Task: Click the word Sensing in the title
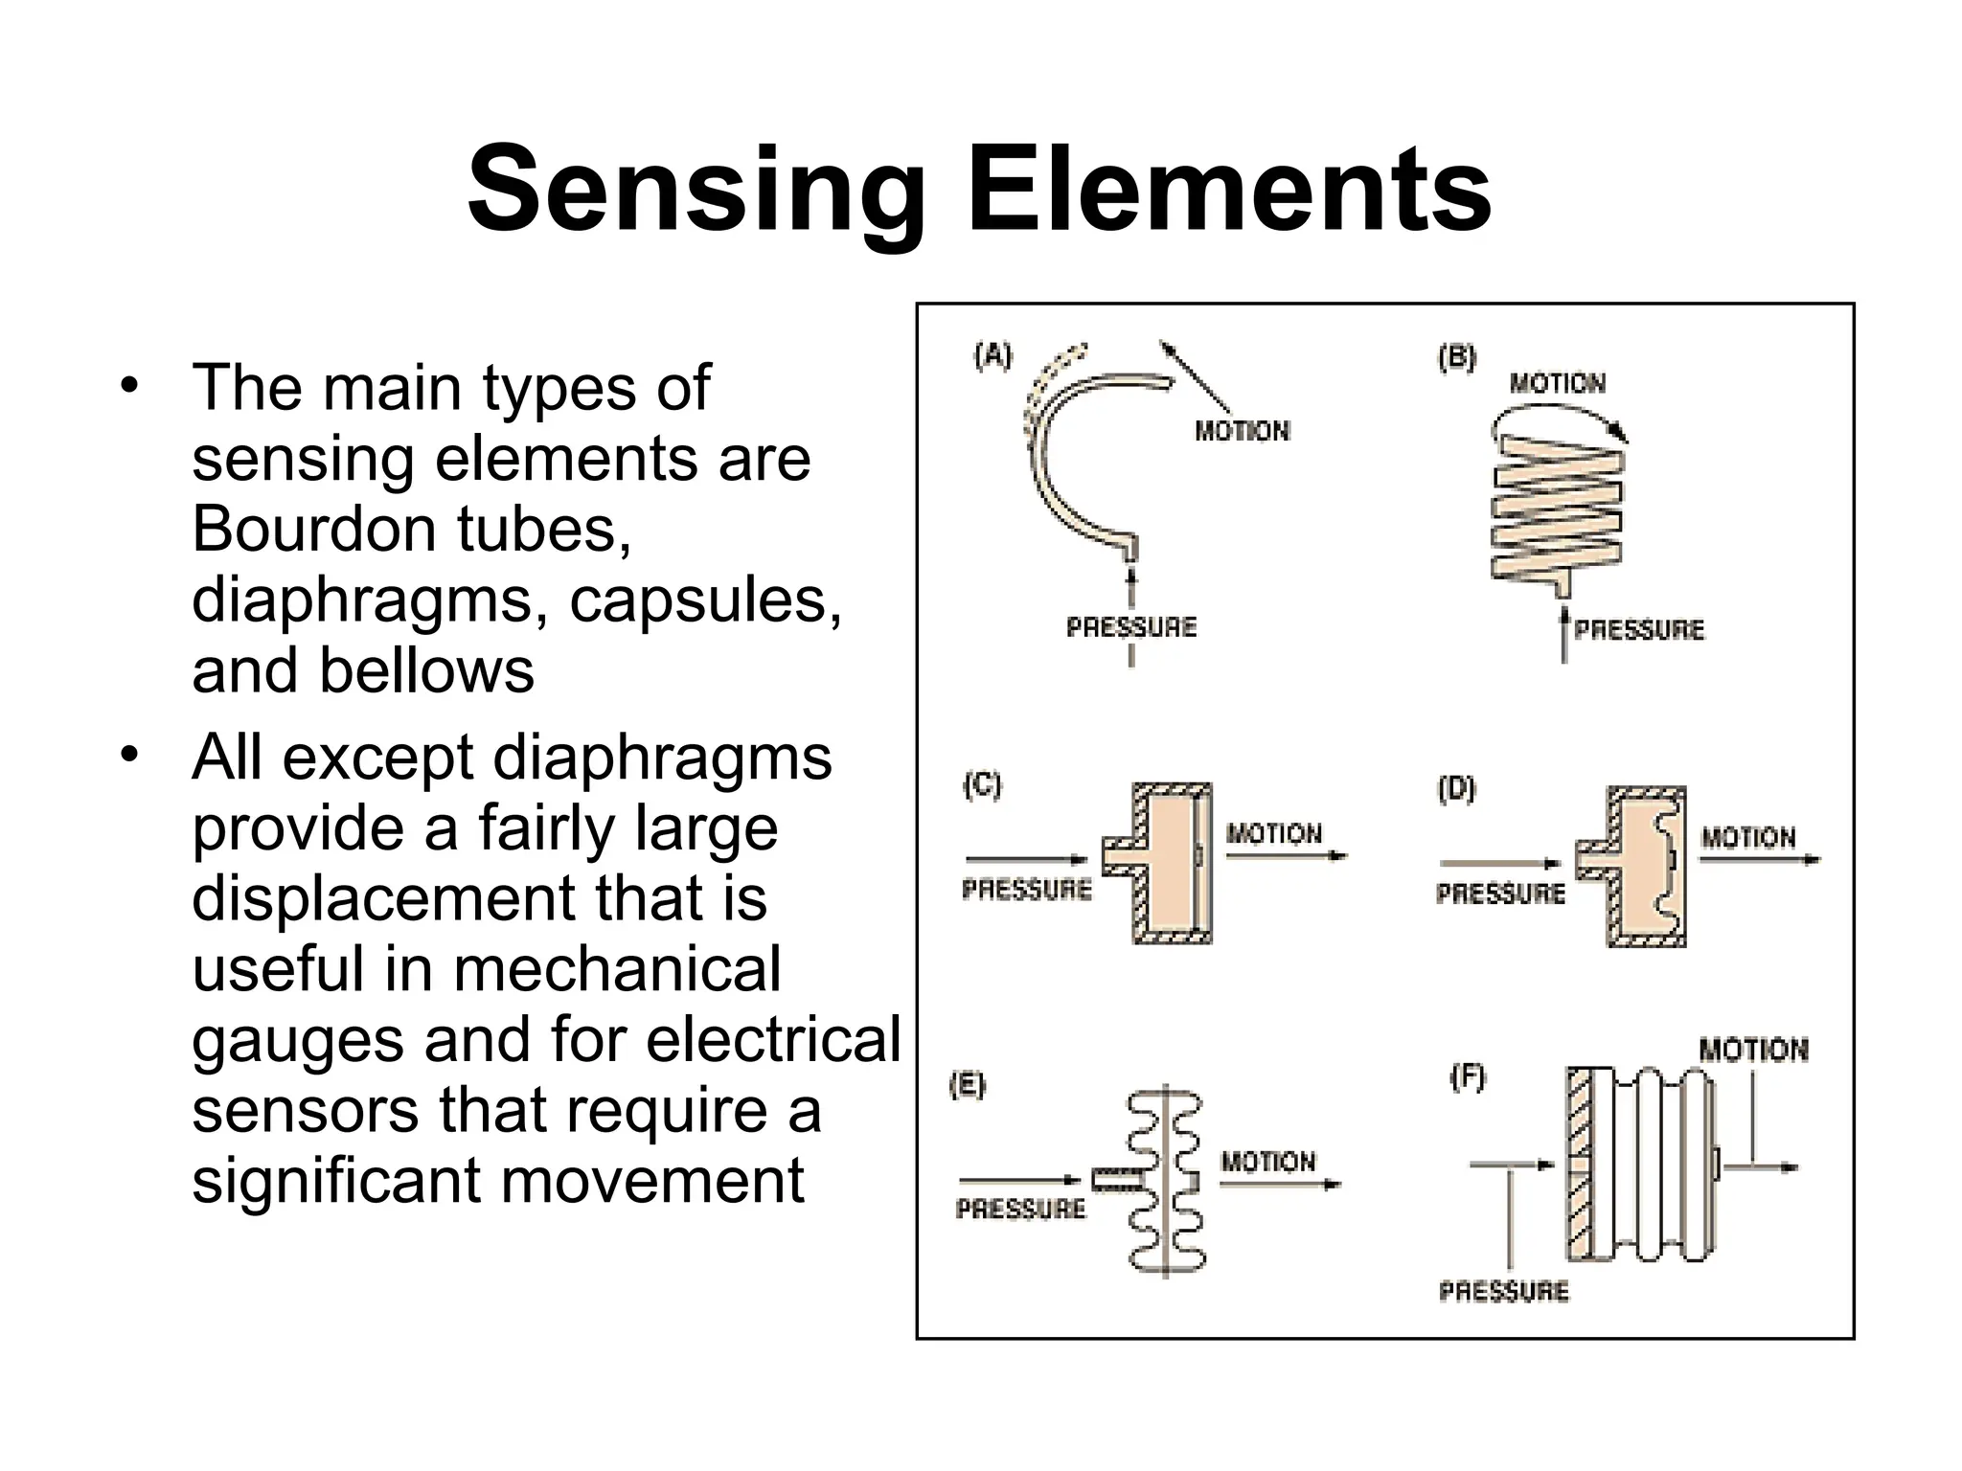tap(696, 189)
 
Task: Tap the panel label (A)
tap(992, 356)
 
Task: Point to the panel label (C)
tap(982, 785)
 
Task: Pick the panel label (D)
tap(1456, 789)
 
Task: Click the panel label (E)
tap(967, 1085)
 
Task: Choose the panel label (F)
tap(1467, 1078)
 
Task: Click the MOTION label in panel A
tap(1242, 431)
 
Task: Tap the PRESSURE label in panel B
tap(1639, 630)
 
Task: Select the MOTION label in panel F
tap(1753, 1050)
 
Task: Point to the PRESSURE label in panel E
tap(1020, 1209)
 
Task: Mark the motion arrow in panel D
tap(1759, 860)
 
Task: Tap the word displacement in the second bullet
tap(383, 898)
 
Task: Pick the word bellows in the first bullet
tap(426, 670)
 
